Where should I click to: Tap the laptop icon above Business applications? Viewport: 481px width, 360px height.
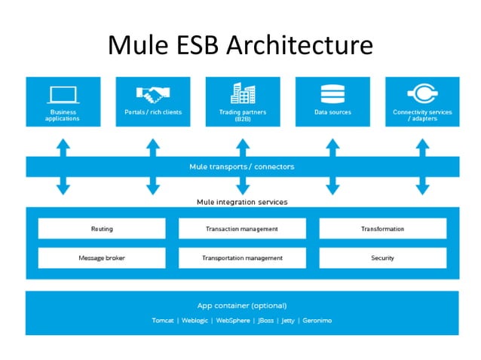(63, 95)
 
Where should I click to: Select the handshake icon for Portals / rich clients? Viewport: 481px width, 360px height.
(153, 95)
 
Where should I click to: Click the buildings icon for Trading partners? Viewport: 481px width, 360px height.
(242, 94)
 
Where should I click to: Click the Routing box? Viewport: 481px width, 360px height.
(102, 229)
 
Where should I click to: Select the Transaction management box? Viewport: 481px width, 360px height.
(242, 229)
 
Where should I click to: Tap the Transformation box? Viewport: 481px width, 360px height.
(382, 229)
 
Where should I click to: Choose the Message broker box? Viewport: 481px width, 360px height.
(102, 258)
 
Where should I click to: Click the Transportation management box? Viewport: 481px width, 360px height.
(242, 258)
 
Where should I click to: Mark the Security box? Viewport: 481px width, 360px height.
(382, 258)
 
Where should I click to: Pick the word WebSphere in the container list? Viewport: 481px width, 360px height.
(232, 320)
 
